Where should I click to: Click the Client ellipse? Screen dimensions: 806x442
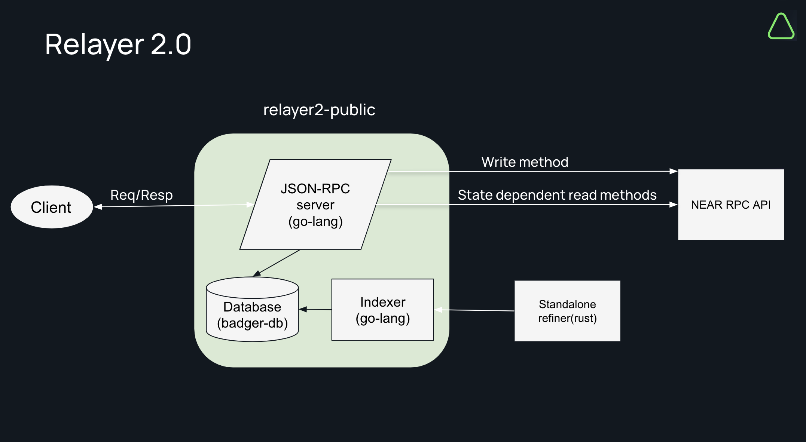52,207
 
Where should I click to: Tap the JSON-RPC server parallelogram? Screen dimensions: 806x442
315,205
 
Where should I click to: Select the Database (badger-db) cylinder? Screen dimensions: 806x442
253,309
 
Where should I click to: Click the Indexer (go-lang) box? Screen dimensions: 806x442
383,310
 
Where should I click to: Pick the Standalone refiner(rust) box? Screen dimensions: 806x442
567,311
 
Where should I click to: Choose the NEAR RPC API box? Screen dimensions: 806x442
731,205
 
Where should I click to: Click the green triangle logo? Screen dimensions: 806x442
781,26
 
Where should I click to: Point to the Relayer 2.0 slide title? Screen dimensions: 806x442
118,44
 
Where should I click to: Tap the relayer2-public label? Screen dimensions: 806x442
319,110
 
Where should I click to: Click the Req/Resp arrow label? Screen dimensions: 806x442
141,195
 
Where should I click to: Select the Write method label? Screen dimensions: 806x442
525,162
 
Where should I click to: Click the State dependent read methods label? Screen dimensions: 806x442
557,195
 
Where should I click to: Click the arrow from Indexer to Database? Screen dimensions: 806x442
315,309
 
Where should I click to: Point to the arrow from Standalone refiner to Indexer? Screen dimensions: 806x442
474,310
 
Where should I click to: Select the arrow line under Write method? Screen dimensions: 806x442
533,172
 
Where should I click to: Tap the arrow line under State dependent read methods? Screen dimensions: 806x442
526,205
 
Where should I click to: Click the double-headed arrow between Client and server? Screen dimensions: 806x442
174,206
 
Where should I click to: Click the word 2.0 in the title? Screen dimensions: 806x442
171,44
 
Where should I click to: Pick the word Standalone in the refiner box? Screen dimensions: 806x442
567,304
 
